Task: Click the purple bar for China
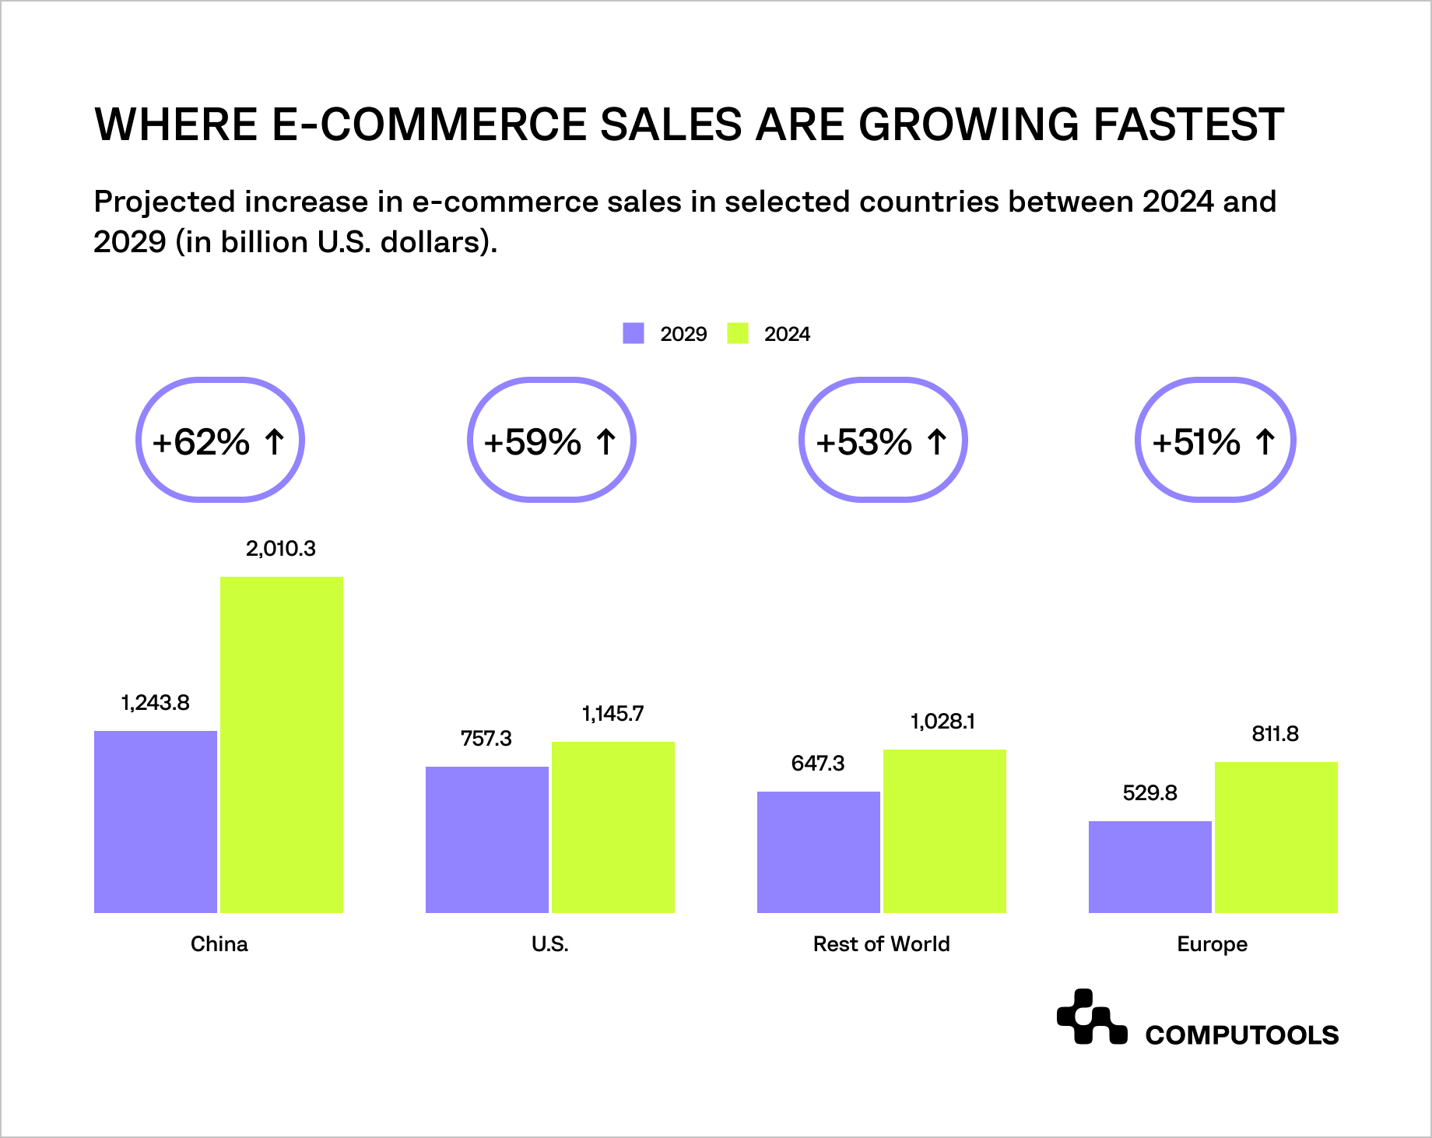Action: point(156,821)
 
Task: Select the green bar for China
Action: point(282,745)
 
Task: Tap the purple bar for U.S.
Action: point(487,839)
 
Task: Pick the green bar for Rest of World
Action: point(945,831)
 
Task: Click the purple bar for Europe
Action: point(1150,866)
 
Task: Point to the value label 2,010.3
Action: point(281,549)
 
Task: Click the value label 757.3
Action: point(486,739)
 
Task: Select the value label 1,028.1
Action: point(942,722)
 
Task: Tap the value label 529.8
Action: point(1149,793)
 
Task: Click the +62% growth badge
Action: point(220,441)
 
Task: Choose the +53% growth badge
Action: point(883,441)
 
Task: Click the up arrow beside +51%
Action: point(1265,441)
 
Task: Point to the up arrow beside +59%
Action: point(606,441)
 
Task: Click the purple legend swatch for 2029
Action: point(634,333)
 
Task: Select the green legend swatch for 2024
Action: point(737,333)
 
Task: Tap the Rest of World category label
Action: point(881,944)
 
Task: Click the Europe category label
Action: point(1212,944)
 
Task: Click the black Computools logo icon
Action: point(1091,1017)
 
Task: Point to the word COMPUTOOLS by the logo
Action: point(1241,1035)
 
